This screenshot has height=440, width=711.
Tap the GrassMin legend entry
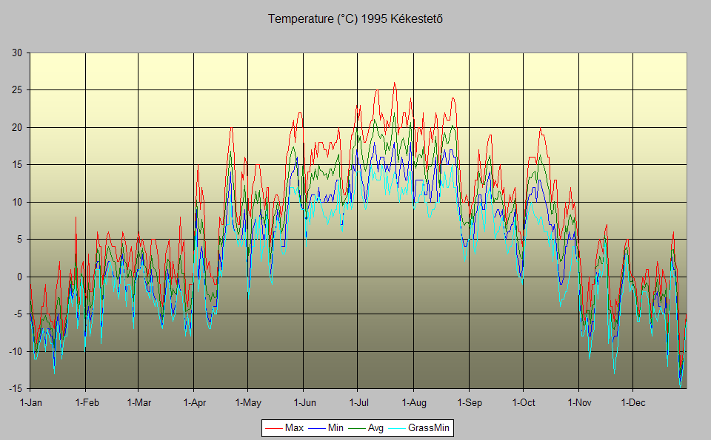429,427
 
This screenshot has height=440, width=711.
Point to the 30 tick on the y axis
16,53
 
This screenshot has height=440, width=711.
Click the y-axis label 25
16,90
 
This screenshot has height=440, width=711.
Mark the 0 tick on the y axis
19,277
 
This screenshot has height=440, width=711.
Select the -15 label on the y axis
15,389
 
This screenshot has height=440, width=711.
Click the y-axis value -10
15,351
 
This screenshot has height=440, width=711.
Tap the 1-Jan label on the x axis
30,403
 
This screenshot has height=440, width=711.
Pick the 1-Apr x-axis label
194,403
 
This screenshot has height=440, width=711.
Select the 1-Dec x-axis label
633,403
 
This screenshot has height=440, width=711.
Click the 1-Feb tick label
86,403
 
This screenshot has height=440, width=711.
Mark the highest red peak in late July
394,83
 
